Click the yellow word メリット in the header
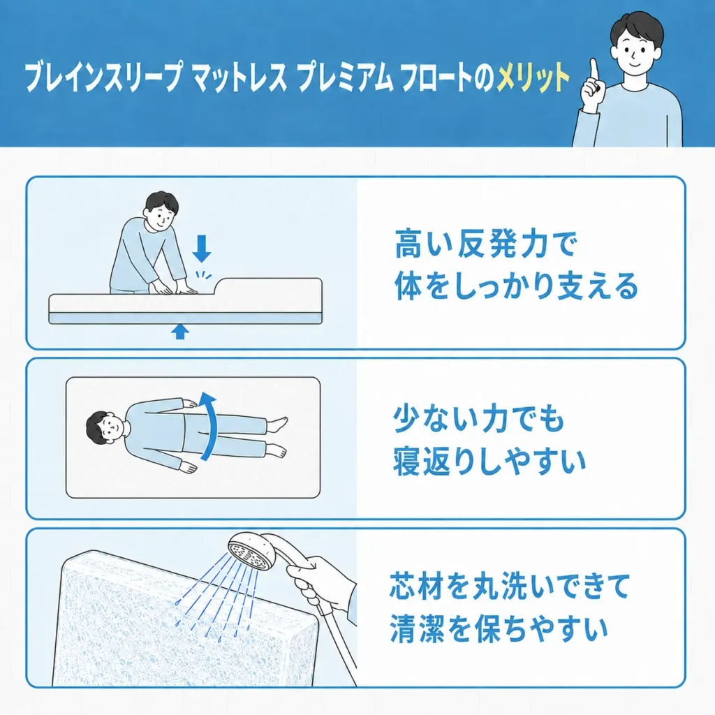tap(533, 78)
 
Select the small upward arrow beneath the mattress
tap(180, 332)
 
